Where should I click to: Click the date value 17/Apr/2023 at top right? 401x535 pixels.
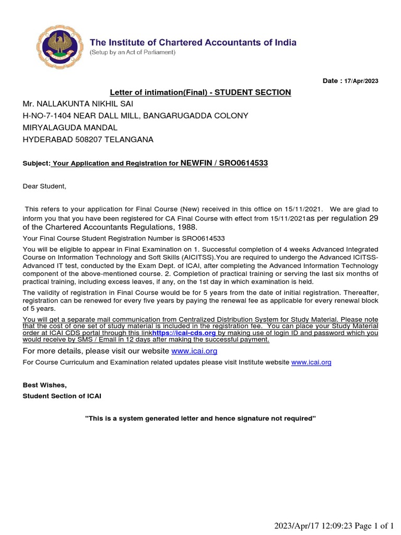(x=361, y=81)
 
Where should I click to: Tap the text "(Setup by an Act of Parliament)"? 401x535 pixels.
(x=133, y=53)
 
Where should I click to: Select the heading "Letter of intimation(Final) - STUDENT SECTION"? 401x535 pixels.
(x=200, y=92)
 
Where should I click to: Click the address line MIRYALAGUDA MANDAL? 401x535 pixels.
(x=70, y=127)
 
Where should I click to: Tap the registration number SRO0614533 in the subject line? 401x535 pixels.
(x=243, y=163)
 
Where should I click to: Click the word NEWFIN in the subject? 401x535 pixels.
(x=197, y=163)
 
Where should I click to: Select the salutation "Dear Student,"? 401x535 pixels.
(x=44, y=186)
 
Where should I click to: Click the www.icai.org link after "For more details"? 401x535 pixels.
(x=194, y=351)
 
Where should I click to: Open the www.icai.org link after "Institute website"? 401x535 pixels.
(x=311, y=362)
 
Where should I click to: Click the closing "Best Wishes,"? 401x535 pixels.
(x=44, y=385)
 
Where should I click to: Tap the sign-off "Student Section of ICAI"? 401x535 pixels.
(x=62, y=396)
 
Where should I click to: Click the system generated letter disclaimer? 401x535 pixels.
(x=200, y=418)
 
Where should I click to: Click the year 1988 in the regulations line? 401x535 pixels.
(x=187, y=227)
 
